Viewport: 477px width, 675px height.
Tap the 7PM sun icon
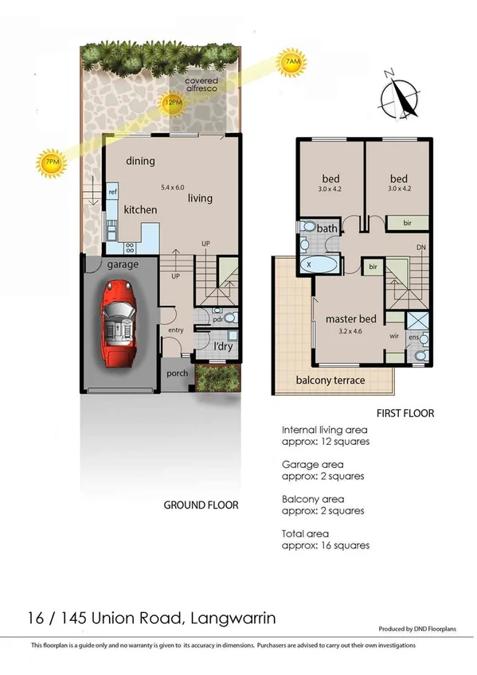tap(52, 163)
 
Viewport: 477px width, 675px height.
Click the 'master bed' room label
tap(350, 319)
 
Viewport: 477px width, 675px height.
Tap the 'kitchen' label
tap(139, 209)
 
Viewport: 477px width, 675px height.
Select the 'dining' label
tap(140, 161)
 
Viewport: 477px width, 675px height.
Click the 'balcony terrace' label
tap(330, 380)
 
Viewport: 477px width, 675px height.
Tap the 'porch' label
tap(177, 373)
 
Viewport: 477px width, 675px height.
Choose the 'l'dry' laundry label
tap(221, 347)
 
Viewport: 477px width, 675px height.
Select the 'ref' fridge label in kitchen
tap(113, 193)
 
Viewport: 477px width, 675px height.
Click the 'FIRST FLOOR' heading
tap(404, 414)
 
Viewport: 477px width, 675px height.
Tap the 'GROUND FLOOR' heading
tap(201, 505)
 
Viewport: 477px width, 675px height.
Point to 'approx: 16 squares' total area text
tap(325, 545)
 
